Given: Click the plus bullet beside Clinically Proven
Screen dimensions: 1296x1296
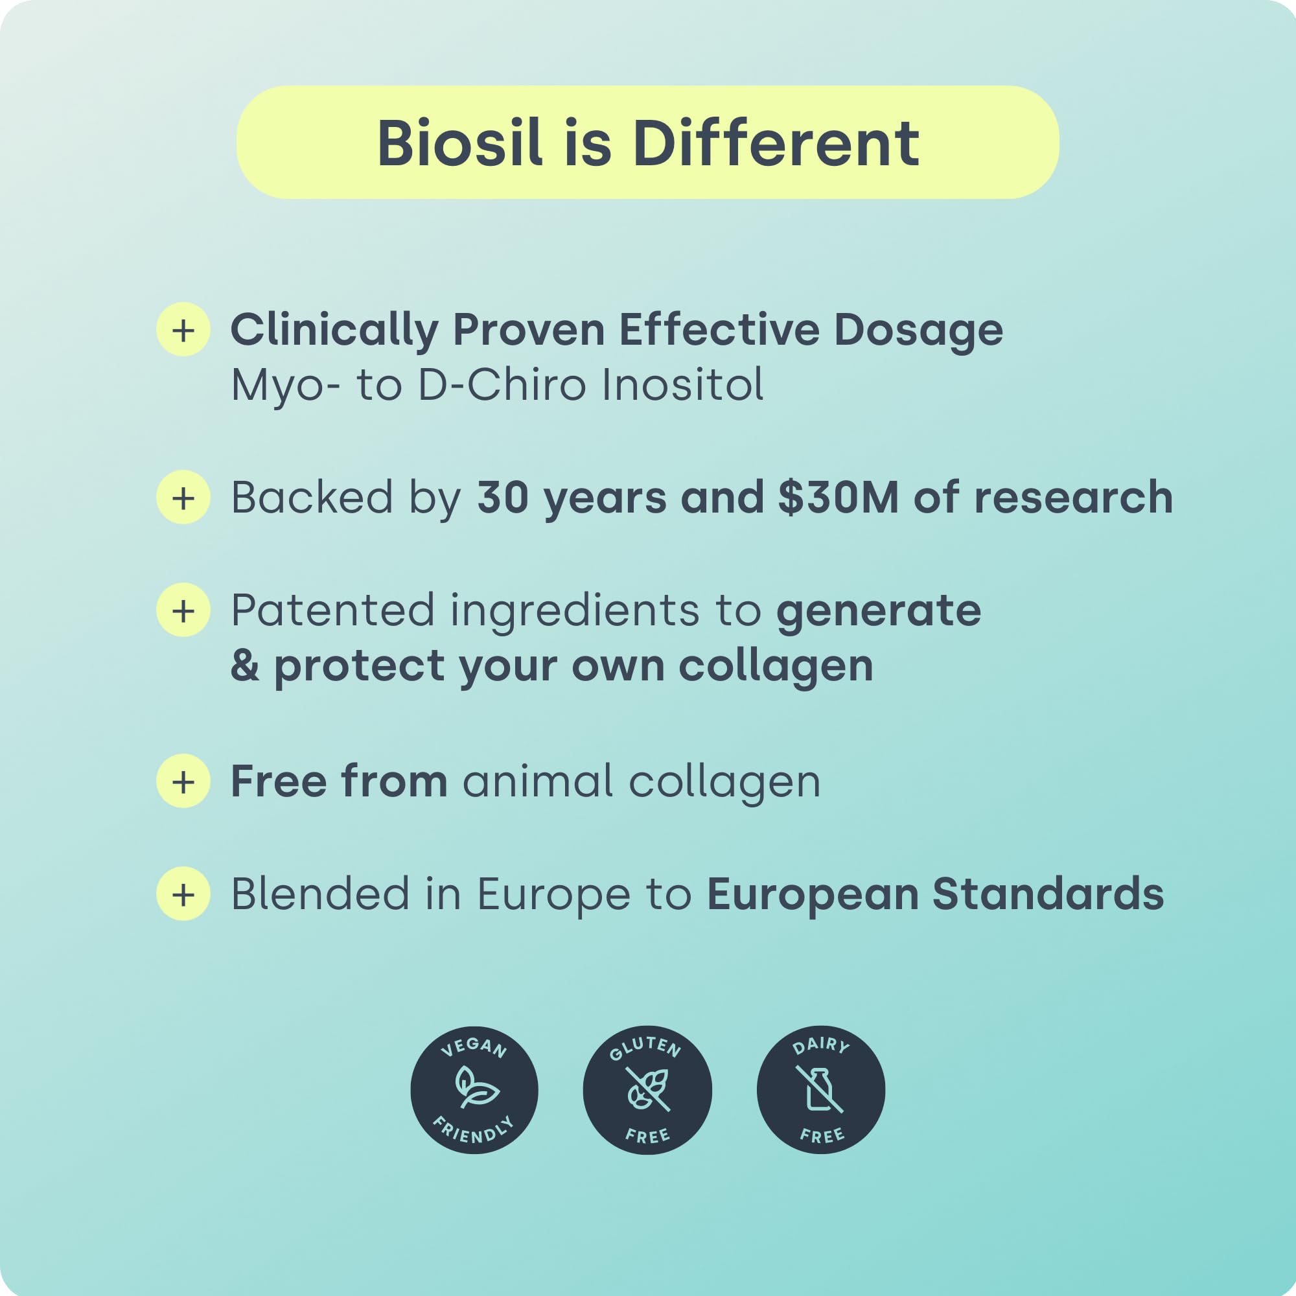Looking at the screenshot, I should (x=183, y=329).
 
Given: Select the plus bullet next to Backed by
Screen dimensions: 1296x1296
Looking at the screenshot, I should (x=183, y=497).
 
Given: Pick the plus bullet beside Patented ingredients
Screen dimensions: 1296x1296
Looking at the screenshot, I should (x=183, y=610).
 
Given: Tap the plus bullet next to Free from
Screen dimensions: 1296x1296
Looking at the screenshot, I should (x=183, y=781).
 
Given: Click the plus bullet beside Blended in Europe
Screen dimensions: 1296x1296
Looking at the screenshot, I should (x=183, y=894).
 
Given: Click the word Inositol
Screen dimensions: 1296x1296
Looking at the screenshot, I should (x=682, y=385).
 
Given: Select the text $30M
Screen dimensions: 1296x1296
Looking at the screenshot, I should (x=838, y=498).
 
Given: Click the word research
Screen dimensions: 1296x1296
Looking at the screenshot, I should (x=1073, y=498).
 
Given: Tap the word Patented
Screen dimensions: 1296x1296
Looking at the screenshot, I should (x=332, y=610).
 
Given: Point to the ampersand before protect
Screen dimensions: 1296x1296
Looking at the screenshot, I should (x=245, y=665).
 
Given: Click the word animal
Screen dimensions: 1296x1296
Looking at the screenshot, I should (x=537, y=781).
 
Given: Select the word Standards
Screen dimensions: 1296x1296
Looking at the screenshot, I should (x=1048, y=894).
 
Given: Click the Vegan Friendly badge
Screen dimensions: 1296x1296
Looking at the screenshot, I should (x=474, y=1090).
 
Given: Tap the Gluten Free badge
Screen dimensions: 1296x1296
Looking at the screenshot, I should (x=647, y=1090).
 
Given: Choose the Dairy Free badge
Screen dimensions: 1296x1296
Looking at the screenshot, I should (x=821, y=1090).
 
